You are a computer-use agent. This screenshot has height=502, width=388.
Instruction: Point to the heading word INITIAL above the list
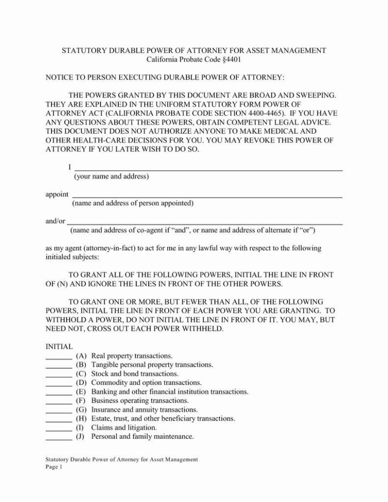pos(60,347)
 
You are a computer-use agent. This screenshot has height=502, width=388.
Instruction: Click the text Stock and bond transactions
pos(135,374)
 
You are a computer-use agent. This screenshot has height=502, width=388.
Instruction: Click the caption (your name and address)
pos(111,177)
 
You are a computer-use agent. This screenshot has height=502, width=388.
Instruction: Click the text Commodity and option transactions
pos(146,383)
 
